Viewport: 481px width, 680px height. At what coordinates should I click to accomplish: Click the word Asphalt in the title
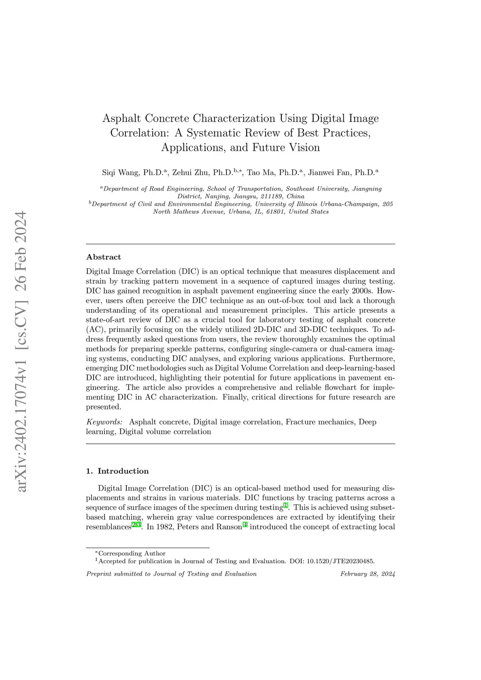pos(122,118)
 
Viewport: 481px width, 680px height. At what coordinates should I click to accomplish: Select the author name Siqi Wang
pos(120,172)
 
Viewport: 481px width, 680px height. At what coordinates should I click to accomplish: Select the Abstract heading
pos(103,257)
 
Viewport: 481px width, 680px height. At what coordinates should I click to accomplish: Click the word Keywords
pos(104,422)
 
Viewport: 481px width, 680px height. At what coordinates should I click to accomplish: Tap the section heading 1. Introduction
pos(117,471)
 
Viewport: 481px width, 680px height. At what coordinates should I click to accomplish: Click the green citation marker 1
pos(286,506)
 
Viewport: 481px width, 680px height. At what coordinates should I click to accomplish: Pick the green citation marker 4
pos(245,525)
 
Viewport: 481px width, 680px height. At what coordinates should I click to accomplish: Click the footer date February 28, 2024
pos(367,574)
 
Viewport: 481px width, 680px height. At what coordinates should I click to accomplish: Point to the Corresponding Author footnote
pos(132,553)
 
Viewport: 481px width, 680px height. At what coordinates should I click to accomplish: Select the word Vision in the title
pos(305,147)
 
